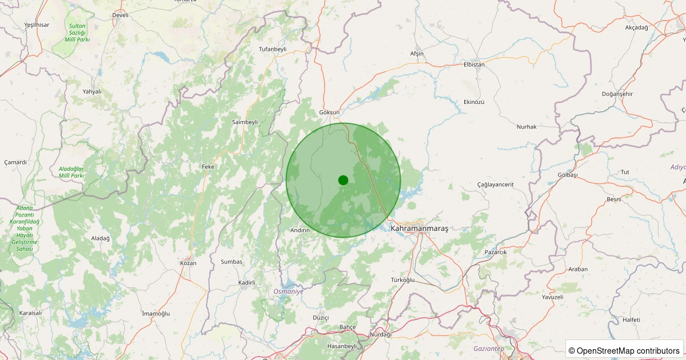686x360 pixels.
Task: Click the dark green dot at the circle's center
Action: tap(343, 180)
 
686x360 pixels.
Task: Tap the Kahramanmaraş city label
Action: tap(419, 228)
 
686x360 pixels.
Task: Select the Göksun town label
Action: tap(329, 113)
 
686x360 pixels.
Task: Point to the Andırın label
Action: tap(300, 230)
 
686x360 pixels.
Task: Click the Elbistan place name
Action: tap(474, 65)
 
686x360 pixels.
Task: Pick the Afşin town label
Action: tap(417, 53)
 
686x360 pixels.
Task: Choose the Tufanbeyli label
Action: tap(272, 49)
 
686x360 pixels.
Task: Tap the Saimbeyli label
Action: tap(245, 122)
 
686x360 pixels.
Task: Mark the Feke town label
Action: tap(208, 167)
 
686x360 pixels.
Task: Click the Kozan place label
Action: tap(188, 263)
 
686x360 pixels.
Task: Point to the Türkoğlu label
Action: tap(402, 279)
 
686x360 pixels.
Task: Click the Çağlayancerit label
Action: tap(496, 184)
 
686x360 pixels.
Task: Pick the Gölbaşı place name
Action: tap(567, 174)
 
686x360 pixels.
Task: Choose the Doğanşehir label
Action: tap(617, 94)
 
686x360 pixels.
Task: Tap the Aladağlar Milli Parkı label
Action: tap(71, 172)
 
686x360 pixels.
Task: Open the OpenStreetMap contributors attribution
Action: tap(624, 350)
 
